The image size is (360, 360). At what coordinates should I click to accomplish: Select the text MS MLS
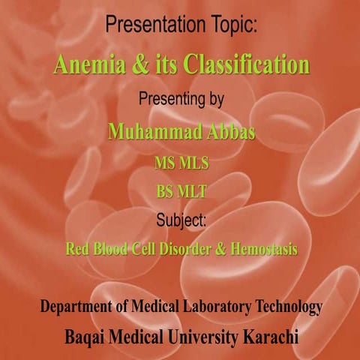[x=181, y=163]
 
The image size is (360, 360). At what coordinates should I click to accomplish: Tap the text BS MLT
[x=181, y=192]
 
